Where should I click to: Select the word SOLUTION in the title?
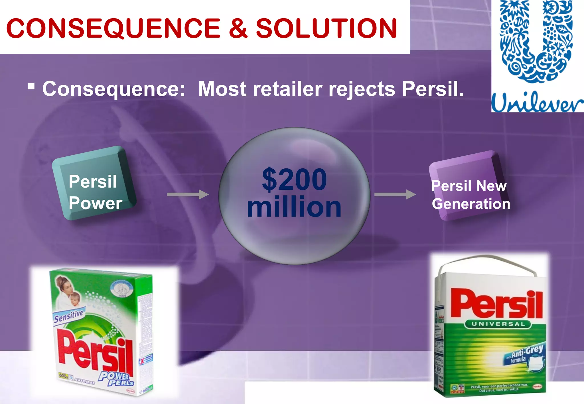tap(326, 28)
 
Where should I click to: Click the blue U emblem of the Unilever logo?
tap(536, 43)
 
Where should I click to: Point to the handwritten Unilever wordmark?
tap(537, 102)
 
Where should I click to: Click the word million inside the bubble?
tap(294, 207)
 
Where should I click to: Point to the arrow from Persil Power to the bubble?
tap(188, 195)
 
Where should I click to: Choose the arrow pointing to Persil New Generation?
tap(395, 195)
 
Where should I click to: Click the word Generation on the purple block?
tap(471, 204)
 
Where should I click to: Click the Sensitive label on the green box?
tap(68, 316)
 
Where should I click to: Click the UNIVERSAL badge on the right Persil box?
tap(498, 324)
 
